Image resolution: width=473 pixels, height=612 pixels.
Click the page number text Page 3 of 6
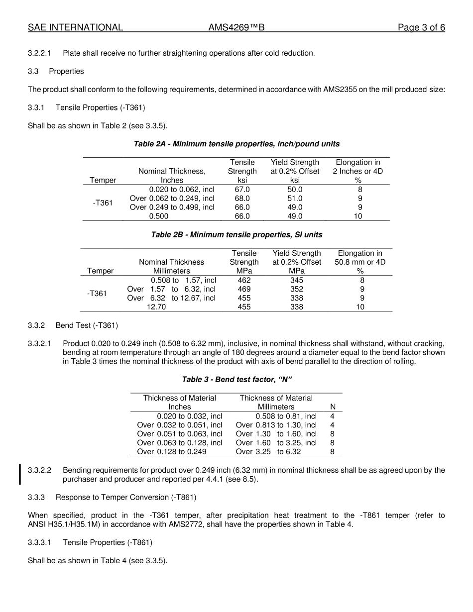pos(421,28)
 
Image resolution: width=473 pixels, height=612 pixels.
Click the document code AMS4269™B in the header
pos(236,28)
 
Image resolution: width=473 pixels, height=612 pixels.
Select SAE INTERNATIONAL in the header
pos(75,28)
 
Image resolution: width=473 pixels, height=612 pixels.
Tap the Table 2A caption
pos(236,144)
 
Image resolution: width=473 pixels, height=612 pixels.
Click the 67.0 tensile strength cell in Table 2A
pos(242,190)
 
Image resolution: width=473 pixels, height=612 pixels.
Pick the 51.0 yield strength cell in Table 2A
pos(295,199)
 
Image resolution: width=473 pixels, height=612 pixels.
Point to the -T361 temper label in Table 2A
pos(103,203)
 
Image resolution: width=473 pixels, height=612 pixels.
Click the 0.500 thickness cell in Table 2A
pos(159,216)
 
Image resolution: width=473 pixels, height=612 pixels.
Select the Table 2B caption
pos(236,234)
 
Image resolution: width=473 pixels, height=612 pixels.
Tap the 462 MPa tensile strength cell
pos(244,280)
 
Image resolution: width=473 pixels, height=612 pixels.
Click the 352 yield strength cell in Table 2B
pos(296,289)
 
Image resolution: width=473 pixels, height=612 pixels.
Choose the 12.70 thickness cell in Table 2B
pos(156,307)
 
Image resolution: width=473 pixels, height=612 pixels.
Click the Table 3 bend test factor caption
pos(236,380)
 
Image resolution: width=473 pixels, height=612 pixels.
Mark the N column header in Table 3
pos(333,407)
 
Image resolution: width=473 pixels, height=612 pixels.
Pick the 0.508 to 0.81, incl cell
pos(286,416)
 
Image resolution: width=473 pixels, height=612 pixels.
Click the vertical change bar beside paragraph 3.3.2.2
pos(20,474)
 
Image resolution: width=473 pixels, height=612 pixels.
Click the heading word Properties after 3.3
pos(66,71)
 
